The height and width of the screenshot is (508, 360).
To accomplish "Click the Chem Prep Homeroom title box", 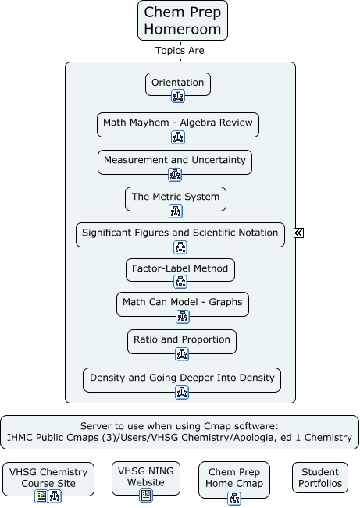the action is (183, 20).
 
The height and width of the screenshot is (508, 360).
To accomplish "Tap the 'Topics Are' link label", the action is (180, 51).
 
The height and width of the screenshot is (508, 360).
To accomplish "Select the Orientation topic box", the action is (178, 84).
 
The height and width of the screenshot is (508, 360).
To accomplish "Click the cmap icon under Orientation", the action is (178, 96).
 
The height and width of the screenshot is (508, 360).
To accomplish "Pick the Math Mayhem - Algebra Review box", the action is (178, 124).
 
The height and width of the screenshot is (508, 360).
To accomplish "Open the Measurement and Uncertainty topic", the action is (175, 162).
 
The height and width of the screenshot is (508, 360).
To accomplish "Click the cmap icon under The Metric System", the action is (176, 211).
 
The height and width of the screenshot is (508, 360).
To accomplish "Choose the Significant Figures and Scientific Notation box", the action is (180, 235).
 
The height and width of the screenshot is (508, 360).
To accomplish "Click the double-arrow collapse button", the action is (299, 233).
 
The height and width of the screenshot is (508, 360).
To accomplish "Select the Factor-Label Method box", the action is (180, 269).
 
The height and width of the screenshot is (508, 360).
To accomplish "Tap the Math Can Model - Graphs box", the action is (183, 304).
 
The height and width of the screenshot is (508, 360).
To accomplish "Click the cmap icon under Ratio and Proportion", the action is (182, 354).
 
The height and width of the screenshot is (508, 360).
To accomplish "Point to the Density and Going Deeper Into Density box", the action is (182, 380).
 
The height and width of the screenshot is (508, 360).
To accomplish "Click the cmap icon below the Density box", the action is (182, 393).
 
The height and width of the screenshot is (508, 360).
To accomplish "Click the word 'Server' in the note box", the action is (95, 426).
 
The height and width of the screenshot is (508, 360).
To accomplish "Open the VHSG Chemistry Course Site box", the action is (48, 479).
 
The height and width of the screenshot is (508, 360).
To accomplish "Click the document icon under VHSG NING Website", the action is (146, 496).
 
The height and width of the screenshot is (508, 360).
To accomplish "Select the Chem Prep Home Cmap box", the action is (234, 479).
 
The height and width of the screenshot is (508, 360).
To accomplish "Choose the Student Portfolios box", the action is (320, 478).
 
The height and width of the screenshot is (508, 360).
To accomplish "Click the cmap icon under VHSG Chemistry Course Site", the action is (55, 496).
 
